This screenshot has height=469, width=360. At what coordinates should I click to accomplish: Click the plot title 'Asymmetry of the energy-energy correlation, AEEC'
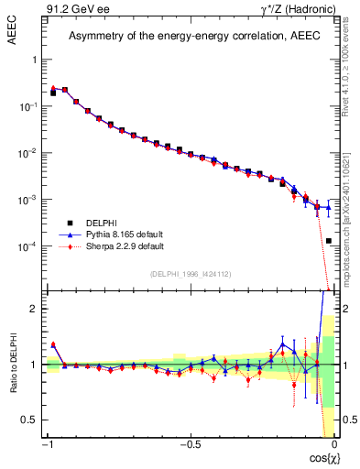[x=190, y=37]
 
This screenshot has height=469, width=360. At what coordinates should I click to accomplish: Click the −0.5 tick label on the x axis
[x=189, y=444]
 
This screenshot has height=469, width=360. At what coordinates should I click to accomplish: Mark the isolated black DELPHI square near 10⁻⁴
[x=329, y=241]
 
